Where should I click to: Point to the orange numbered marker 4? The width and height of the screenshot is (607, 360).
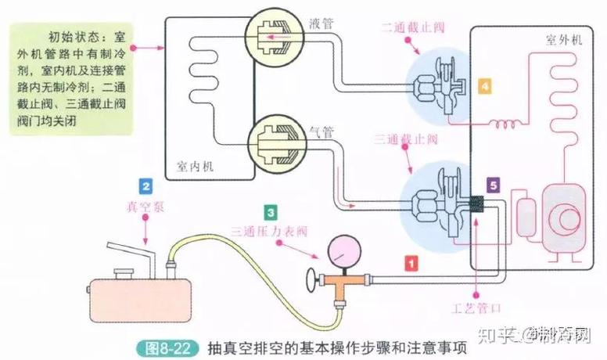(486, 87)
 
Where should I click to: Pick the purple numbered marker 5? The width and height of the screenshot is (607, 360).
(491, 185)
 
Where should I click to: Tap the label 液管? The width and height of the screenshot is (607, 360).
(321, 24)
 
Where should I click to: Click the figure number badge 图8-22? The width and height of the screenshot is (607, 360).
(171, 346)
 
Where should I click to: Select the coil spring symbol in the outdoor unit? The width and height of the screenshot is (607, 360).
(503, 124)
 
